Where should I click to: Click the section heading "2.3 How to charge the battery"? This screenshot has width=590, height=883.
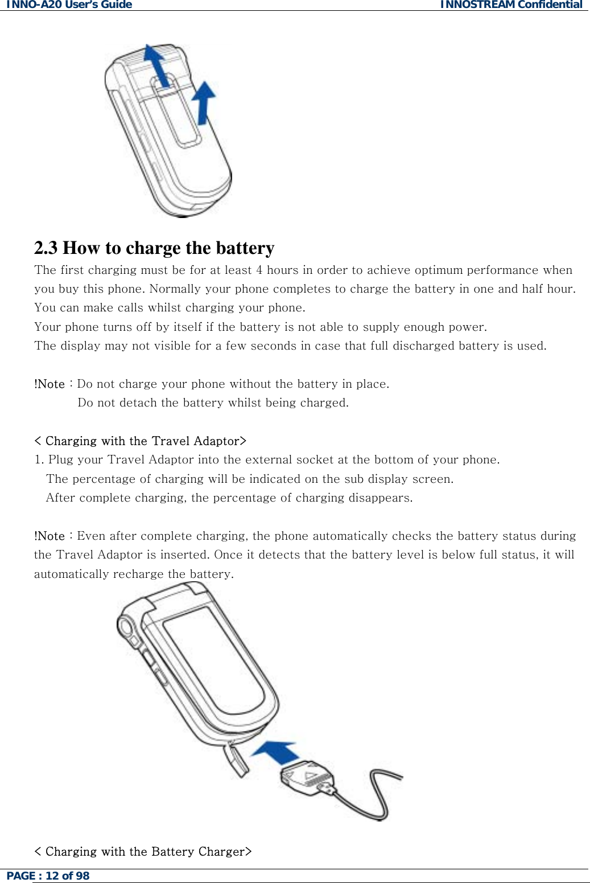coord(154,248)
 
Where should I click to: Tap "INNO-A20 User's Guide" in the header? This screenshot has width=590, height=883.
coord(69,5)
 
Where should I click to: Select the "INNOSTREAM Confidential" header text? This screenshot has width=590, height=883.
coord(511,5)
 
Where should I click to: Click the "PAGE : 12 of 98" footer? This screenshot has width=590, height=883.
coord(48,876)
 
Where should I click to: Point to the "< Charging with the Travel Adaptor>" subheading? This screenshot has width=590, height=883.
coord(140,441)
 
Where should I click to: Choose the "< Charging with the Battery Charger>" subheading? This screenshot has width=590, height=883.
coord(143,852)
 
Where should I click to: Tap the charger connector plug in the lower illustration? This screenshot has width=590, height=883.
coord(307,778)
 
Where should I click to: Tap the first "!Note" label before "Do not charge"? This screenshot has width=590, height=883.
coord(49,384)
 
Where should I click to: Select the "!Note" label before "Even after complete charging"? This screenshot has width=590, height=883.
coord(49,536)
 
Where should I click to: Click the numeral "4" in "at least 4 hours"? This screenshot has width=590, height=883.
coord(259,270)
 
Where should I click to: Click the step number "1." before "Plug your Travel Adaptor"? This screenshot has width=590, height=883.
coord(39,460)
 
